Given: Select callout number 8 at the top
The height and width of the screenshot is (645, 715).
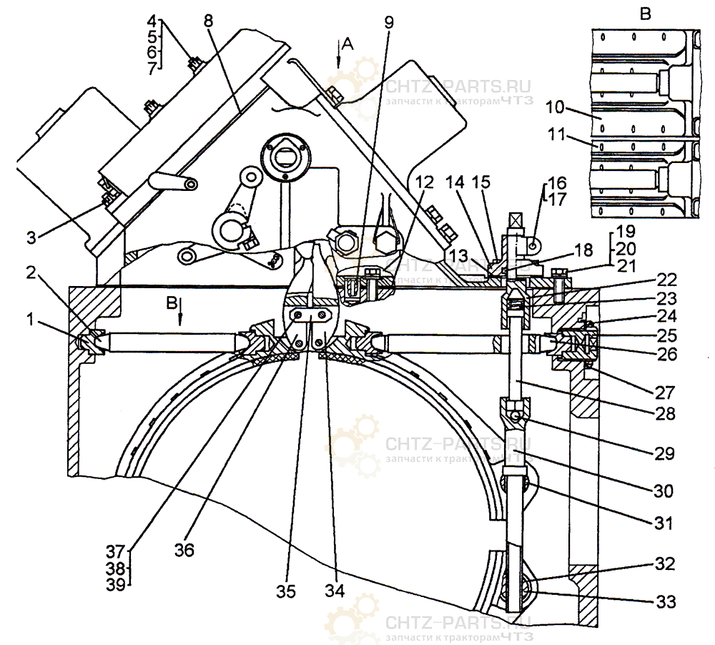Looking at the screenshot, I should pyautogui.click(x=208, y=20).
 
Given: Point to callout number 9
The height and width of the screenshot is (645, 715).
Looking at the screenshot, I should pyautogui.click(x=388, y=21).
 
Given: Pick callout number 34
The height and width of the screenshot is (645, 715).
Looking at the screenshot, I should pyautogui.click(x=334, y=591).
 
